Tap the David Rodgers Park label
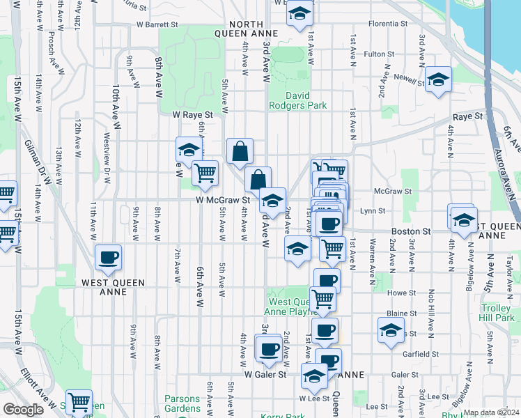[297, 100]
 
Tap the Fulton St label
[380, 54]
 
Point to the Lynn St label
[373, 210]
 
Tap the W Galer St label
[265, 374]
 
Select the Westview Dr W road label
[107, 157]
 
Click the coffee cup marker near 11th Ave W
[108, 258]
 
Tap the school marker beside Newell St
[438, 80]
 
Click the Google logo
[24, 409]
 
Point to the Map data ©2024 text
[490, 412]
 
